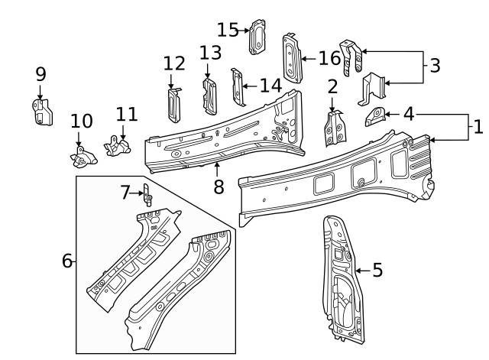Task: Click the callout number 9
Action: click(40, 74)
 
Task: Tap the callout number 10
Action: click(81, 121)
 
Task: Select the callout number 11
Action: click(127, 114)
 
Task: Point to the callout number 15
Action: click(228, 30)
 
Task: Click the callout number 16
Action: click(329, 58)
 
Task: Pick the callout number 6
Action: click(67, 261)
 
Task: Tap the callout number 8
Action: click(219, 186)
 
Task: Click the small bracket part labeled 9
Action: click(40, 112)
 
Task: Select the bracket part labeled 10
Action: click(82, 157)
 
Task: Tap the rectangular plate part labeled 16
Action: click(291, 58)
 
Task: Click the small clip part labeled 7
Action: click(147, 195)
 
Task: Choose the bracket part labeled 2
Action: click(333, 128)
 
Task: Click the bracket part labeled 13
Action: click(208, 95)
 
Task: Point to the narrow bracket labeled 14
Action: click(238, 87)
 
